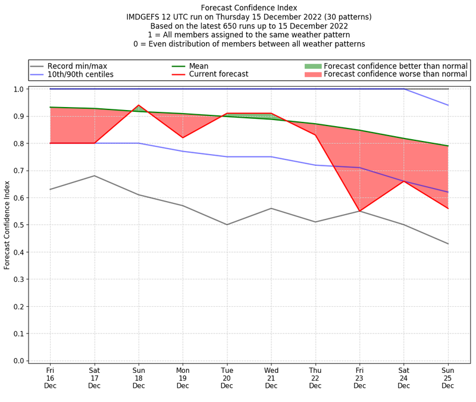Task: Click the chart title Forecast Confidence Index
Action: click(249, 8)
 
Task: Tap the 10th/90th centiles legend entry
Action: click(80, 74)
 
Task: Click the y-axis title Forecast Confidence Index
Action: click(7, 225)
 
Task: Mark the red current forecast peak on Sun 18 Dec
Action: click(139, 105)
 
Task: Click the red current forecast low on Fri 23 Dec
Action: click(359, 211)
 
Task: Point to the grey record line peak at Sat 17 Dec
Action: click(94, 175)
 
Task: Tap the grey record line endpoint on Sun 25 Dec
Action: click(448, 244)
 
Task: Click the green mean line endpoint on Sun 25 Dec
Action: click(448, 146)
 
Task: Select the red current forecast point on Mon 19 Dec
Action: click(183, 138)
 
